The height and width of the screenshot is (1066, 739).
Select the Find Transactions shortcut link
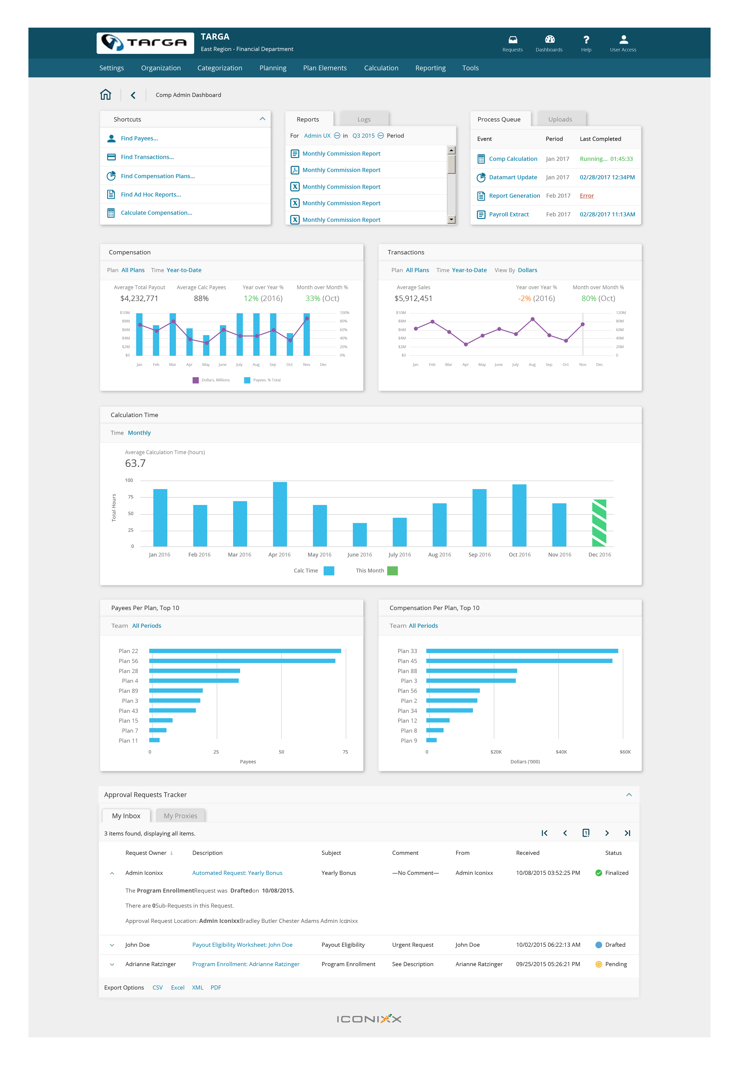click(x=147, y=157)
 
